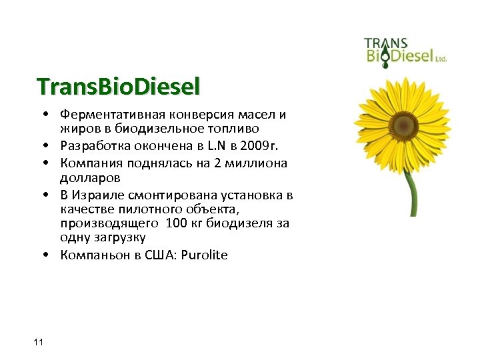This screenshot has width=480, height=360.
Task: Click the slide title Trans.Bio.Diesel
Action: point(119,87)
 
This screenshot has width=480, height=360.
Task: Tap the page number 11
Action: point(37,342)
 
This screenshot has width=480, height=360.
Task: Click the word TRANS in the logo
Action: point(385,43)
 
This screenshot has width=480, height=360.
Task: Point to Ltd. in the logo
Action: point(441,59)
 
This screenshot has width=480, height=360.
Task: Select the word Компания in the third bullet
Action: point(88,163)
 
